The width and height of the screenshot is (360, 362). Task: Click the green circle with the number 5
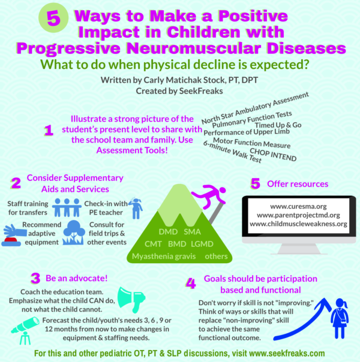click(53, 18)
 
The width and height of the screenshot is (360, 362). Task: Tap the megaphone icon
click(131, 300)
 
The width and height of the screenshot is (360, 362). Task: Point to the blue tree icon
click(74, 233)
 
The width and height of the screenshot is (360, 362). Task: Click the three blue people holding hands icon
click(67, 207)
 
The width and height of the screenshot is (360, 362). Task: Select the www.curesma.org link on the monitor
click(298, 206)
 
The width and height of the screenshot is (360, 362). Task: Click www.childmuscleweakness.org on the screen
click(298, 224)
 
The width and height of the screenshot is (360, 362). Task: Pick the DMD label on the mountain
click(168, 231)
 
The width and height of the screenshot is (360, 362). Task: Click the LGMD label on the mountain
click(202, 244)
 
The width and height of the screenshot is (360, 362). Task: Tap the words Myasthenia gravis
click(164, 257)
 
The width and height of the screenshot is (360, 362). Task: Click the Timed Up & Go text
click(278, 125)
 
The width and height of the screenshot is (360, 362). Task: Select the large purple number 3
click(35, 278)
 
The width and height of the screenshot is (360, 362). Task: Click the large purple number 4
click(191, 283)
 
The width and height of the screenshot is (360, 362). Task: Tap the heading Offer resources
click(298, 184)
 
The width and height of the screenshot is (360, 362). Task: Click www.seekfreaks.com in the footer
click(287, 353)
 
